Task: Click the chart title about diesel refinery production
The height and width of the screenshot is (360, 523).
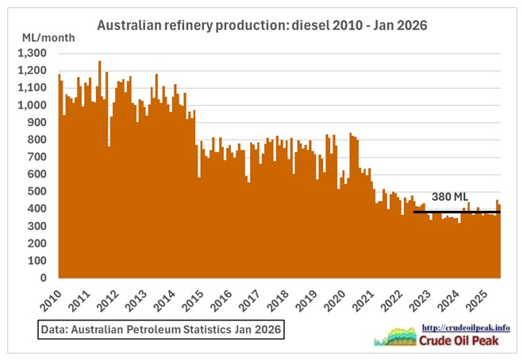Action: tap(262, 25)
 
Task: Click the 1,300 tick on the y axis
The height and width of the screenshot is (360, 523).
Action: tap(33, 53)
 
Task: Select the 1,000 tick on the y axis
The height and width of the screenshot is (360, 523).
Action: tap(33, 105)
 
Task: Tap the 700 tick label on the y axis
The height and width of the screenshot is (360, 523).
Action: tap(38, 157)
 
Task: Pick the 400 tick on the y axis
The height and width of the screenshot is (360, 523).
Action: tap(38, 209)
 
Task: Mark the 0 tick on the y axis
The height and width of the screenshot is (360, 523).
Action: tap(44, 278)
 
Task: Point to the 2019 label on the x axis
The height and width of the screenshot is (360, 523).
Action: tap(306, 298)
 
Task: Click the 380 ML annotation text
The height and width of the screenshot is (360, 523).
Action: tap(450, 196)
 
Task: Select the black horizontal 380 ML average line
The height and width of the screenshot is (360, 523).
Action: tap(456, 212)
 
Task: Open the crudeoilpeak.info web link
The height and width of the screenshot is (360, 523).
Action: tap(467, 327)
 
